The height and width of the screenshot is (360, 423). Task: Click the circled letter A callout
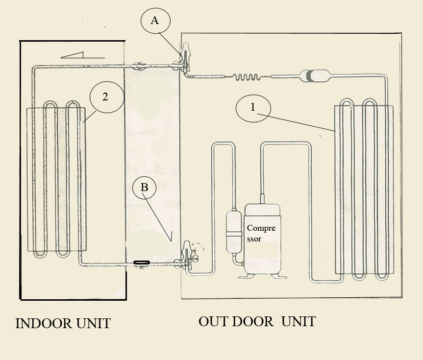pyautogui.click(x=155, y=21)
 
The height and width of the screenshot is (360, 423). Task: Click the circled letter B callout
pyautogui.click(x=144, y=188)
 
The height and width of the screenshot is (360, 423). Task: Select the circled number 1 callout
pyautogui.click(x=253, y=108)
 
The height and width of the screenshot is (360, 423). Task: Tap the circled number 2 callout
pyautogui.click(x=107, y=97)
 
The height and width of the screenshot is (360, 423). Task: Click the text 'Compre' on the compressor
pyautogui.click(x=261, y=228)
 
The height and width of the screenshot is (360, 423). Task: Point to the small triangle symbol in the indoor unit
pyautogui.click(x=73, y=55)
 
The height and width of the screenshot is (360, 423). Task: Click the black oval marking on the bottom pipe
pyautogui.click(x=142, y=263)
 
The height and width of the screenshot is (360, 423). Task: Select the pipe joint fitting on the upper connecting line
pyautogui.click(x=138, y=66)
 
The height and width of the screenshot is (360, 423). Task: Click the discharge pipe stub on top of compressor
pyautogui.click(x=262, y=199)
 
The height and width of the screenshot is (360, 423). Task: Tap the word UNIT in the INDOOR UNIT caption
pyautogui.click(x=93, y=323)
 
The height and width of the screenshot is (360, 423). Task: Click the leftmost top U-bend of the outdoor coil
pyautogui.click(x=347, y=103)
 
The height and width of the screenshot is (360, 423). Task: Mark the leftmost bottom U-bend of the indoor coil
pyautogui.click(x=40, y=254)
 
